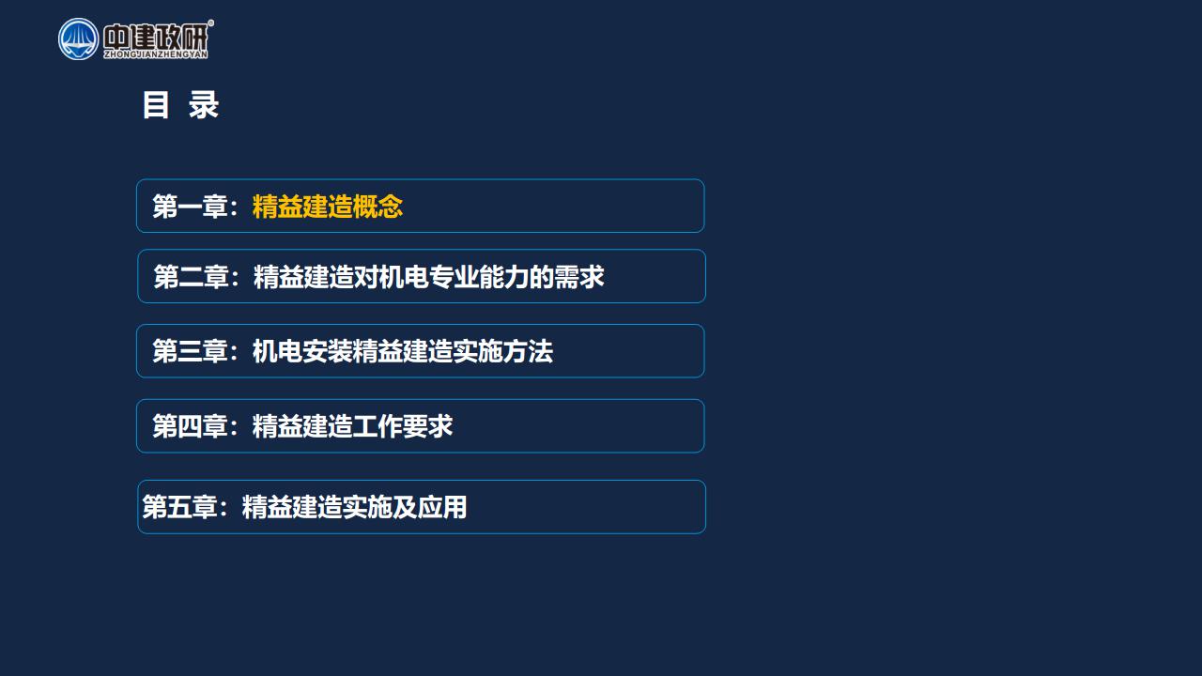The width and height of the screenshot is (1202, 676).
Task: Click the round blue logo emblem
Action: (x=78, y=39)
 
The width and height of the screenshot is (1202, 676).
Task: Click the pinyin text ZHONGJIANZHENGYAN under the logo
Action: (x=156, y=54)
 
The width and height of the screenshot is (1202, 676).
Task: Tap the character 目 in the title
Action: (x=156, y=104)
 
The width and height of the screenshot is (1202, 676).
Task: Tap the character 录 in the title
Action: (x=204, y=104)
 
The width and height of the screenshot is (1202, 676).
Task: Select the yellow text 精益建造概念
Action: (x=328, y=207)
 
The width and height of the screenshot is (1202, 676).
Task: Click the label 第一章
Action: (x=191, y=207)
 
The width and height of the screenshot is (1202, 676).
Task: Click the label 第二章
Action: (x=192, y=277)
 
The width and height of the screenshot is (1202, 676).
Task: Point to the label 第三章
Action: (x=191, y=351)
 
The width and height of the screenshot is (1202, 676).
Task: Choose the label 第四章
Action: (x=191, y=426)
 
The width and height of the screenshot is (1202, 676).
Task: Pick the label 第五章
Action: (x=179, y=507)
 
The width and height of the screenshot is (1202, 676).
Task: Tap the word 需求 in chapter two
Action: (x=579, y=277)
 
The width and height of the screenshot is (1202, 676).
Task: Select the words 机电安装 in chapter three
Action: (x=302, y=351)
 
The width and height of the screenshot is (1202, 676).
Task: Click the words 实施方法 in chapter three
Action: (x=502, y=351)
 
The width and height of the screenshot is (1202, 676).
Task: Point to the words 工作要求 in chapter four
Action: (x=403, y=426)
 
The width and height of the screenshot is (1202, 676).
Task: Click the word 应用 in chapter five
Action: (x=442, y=507)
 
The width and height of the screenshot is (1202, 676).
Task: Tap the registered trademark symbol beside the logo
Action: (x=211, y=23)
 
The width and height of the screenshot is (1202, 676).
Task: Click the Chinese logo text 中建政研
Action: (x=156, y=37)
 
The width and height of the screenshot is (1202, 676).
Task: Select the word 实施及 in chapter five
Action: (x=379, y=507)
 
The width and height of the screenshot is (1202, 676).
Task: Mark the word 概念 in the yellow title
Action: (x=378, y=207)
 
